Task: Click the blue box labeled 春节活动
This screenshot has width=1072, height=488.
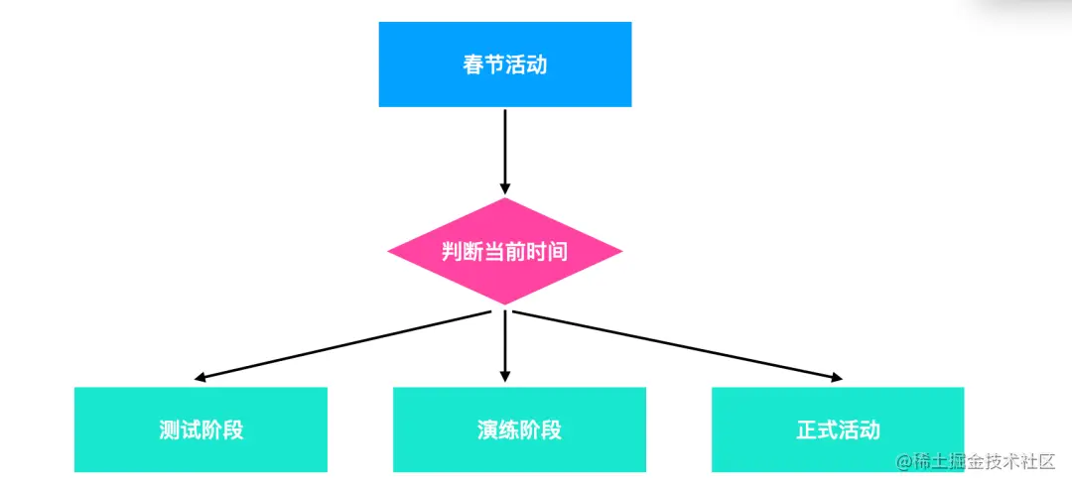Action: point(504,64)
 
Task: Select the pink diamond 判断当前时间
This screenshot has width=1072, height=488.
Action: point(504,251)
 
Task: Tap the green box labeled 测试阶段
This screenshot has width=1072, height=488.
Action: point(201,429)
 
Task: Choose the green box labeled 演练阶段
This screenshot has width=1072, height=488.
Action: point(519,429)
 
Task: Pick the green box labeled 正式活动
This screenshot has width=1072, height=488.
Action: point(838,429)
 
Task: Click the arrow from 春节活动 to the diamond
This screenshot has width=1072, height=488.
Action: point(504,149)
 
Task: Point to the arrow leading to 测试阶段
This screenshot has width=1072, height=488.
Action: point(347,345)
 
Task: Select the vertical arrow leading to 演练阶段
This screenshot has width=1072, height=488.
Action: point(504,342)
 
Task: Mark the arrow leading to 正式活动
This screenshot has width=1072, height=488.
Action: point(675,344)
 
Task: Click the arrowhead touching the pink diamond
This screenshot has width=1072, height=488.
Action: point(504,188)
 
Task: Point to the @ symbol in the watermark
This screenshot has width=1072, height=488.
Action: point(903,462)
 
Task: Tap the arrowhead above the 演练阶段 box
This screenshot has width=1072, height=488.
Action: point(504,376)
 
